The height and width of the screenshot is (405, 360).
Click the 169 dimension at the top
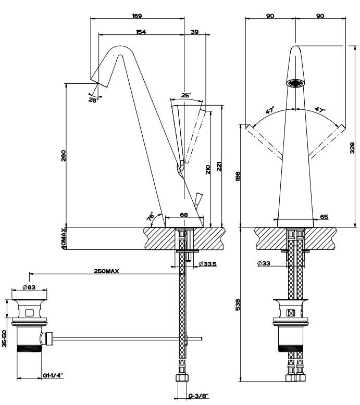136,16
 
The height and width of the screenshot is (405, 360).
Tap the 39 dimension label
195,32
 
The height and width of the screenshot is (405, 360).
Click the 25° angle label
186,95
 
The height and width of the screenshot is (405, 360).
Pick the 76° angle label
151,217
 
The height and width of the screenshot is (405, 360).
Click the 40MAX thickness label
64,238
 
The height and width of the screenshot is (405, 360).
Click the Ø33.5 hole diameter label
208,264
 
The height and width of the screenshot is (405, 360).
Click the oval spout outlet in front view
295,82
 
